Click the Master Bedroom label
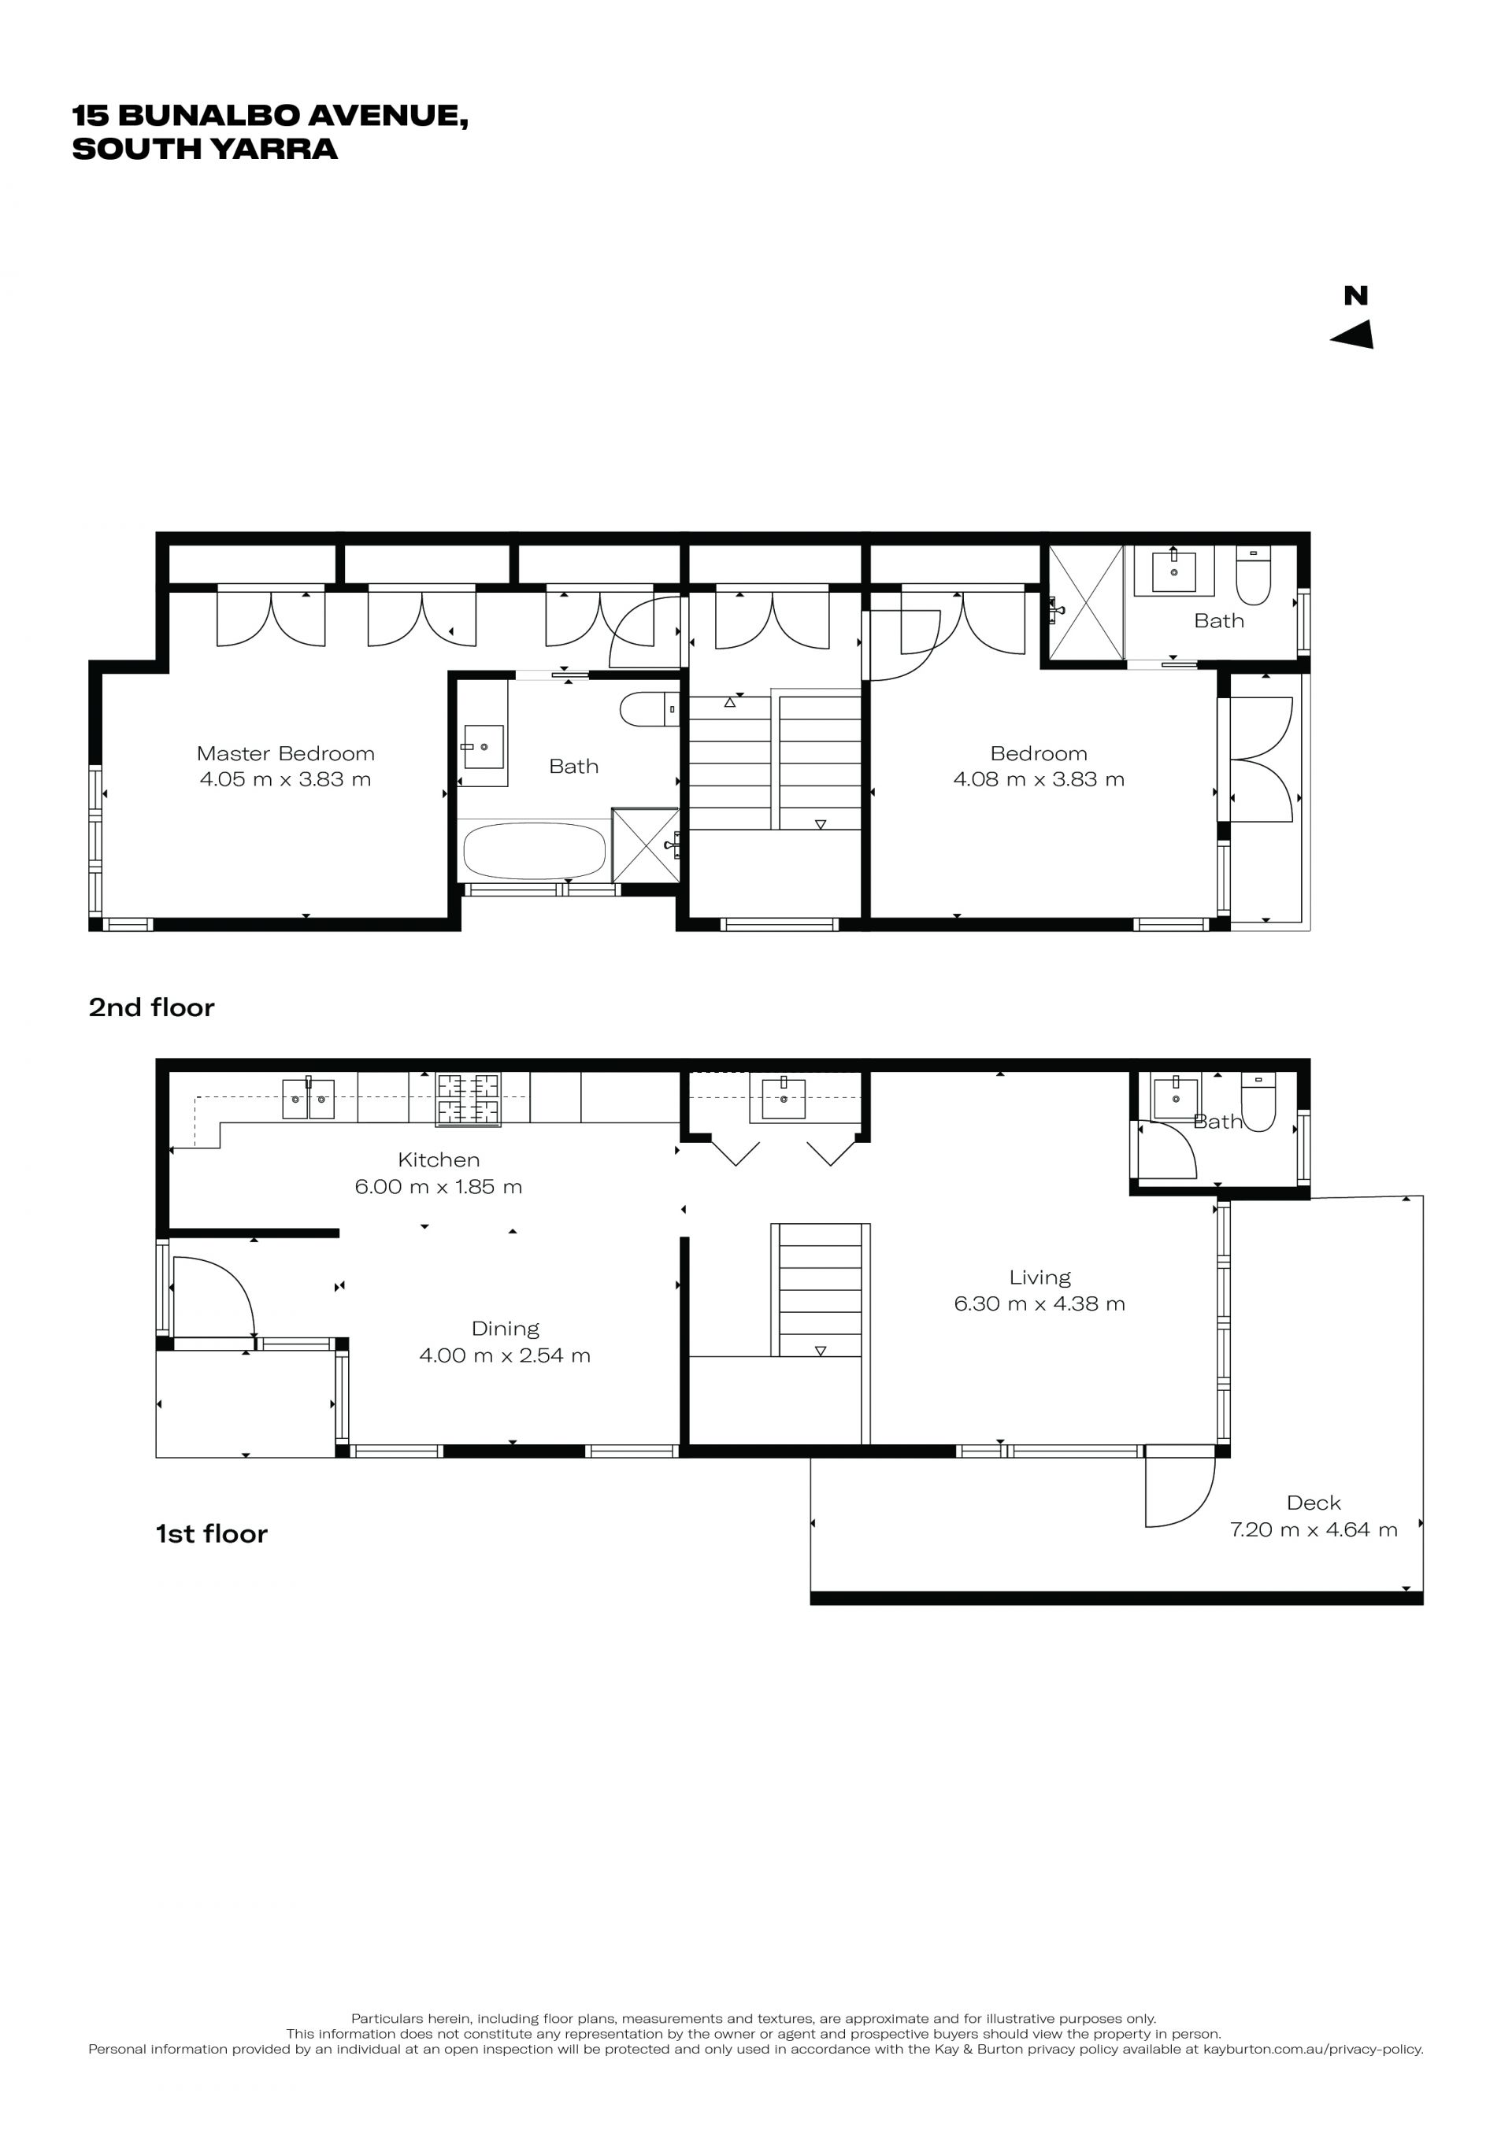pos(286,753)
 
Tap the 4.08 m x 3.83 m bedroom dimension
pos(1039,779)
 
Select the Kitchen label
pos(439,1159)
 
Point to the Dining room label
pos(505,1329)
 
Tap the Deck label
pos(1314,1503)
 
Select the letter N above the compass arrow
pos(1355,296)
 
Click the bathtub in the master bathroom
pos(535,850)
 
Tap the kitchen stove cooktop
pos(469,1100)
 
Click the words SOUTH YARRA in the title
pos(205,149)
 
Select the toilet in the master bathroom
pos(650,709)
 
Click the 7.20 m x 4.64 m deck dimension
pos(1314,1529)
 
